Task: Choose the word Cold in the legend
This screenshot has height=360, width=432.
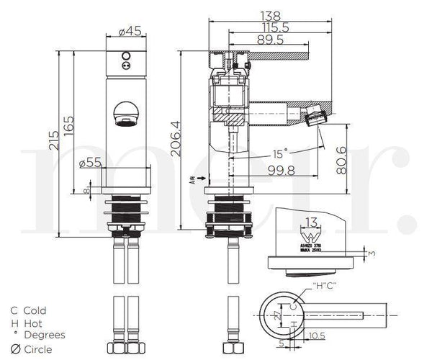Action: click(35, 310)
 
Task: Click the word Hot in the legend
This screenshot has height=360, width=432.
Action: click(33, 323)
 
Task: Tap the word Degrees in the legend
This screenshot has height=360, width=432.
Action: click(44, 335)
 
